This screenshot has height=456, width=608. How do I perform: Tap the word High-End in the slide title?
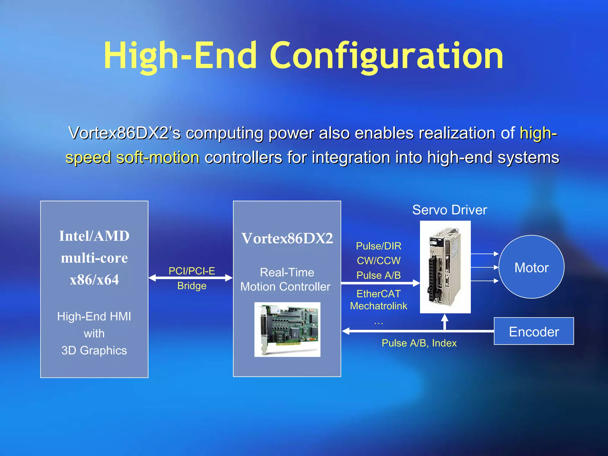click(x=180, y=56)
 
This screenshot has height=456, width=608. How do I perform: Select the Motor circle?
click(x=531, y=267)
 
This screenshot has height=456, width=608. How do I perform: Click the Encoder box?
click(x=534, y=331)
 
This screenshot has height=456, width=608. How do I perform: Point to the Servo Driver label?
click(x=449, y=210)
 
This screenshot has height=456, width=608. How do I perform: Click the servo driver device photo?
click(x=445, y=267)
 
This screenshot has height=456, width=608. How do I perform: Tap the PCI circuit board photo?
click(x=287, y=329)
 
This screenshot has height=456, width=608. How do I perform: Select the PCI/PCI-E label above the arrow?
click(x=192, y=271)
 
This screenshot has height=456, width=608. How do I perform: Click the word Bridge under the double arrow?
click(x=192, y=286)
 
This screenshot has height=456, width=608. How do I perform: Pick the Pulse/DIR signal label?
click(x=379, y=246)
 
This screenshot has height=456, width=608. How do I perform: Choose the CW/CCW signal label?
click(x=379, y=261)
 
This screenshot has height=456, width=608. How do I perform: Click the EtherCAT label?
click(x=379, y=294)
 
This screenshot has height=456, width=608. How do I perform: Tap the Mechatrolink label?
click(x=379, y=306)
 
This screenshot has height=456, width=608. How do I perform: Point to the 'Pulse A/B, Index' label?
click(x=419, y=343)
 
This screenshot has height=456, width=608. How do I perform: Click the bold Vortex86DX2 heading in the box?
click(x=287, y=238)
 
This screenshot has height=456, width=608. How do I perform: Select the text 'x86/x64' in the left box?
click(x=94, y=280)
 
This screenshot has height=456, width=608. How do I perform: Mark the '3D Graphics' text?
click(x=94, y=350)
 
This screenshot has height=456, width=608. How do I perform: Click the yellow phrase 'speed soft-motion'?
click(x=132, y=157)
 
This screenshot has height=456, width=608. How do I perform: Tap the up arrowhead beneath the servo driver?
click(x=444, y=318)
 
